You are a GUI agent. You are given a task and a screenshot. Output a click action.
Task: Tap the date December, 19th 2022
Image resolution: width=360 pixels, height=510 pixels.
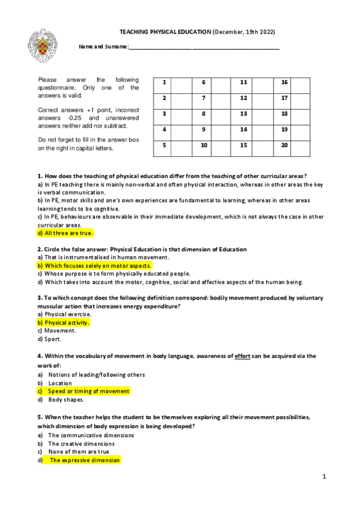coord(245,31)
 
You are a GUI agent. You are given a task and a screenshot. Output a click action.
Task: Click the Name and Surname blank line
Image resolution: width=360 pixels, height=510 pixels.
coord(204,48)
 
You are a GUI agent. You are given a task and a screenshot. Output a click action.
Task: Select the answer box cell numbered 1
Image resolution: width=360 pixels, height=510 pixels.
coord(164,82)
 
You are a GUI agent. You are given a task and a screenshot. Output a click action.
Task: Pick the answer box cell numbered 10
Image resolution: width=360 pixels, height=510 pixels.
coord(204,145)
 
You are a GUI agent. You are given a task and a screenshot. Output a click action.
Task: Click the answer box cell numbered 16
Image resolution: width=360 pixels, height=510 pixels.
coord(284,82)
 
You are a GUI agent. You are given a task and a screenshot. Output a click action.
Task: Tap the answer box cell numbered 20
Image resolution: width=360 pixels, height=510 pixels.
coord(284,145)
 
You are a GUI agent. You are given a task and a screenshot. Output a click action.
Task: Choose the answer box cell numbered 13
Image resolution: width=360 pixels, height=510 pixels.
coord(244,114)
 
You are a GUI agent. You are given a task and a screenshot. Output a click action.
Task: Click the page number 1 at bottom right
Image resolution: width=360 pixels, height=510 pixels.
coord(323,477)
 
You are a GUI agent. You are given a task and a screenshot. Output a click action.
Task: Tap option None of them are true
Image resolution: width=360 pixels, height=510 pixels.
coord(78,452)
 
